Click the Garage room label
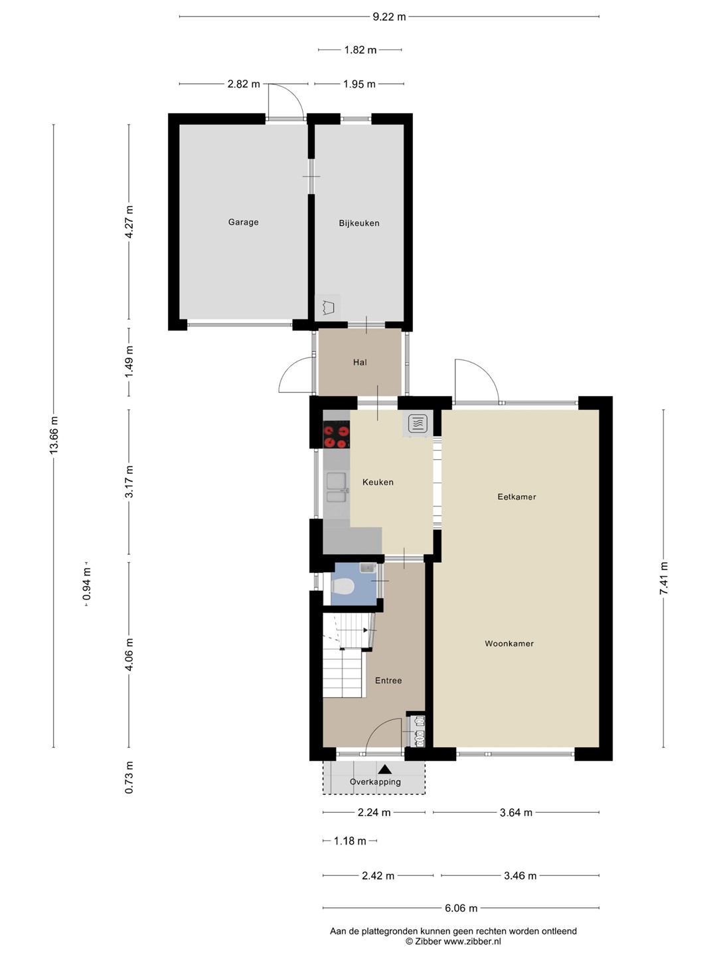[x=244, y=222]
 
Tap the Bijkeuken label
[x=359, y=223]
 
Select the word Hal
[x=360, y=362]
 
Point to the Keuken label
[x=378, y=482]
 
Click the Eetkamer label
[x=517, y=496]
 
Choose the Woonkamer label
[x=509, y=643]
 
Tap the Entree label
[x=388, y=681]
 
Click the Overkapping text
[x=375, y=782]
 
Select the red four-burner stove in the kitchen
[x=337, y=434]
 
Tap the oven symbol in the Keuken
[x=418, y=424]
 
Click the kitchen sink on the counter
[x=337, y=487]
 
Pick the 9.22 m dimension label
[x=389, y=17]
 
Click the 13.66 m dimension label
[x=54, y=435]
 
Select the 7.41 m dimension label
[x=663, y=579]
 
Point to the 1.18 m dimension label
[x=350, y=841]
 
